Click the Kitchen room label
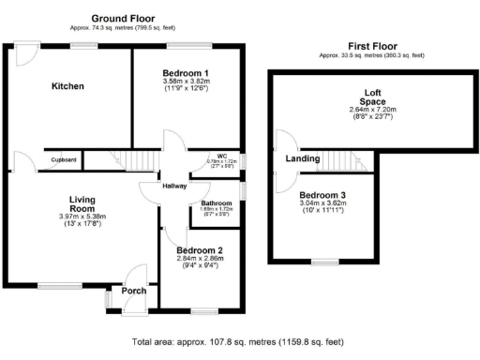point(67,86)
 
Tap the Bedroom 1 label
point(186,73)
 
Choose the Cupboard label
point(64,160)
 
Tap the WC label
point(222,156)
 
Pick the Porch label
point(134,291)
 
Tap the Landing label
point(300,158)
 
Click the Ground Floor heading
point(123,18)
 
